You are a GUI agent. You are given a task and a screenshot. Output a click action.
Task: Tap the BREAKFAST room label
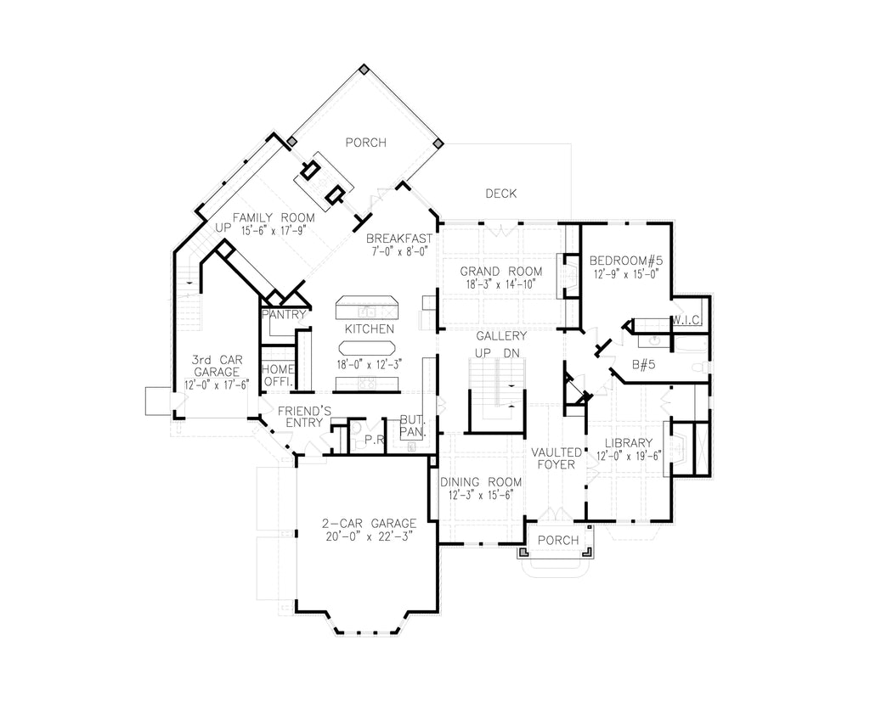pyautogui.click(x=399, y=239)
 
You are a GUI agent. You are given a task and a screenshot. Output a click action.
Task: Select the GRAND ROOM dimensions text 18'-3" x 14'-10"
pyautogui.click(x=501, y=285)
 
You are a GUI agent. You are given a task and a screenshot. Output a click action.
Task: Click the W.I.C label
pyautogui.click(x=686, y=320)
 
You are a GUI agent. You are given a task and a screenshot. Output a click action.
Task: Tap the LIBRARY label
pyautogui.click(x=629, y=442)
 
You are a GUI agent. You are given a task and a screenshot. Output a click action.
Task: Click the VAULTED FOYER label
pyautogui.click(x=556, y=458)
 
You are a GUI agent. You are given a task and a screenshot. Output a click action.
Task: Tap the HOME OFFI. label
pyautogui.click(x=277, y=375)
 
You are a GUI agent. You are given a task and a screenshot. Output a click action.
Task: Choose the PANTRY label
pyautogui.click(x=283, y=314)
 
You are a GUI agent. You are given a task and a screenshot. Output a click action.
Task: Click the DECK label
pyautogui.click(x=501, y=194)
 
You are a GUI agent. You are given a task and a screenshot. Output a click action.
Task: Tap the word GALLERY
pyautogui.click(x=501, y=336)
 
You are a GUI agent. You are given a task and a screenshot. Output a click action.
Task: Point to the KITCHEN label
pyautogui.click(x=369, y=328)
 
